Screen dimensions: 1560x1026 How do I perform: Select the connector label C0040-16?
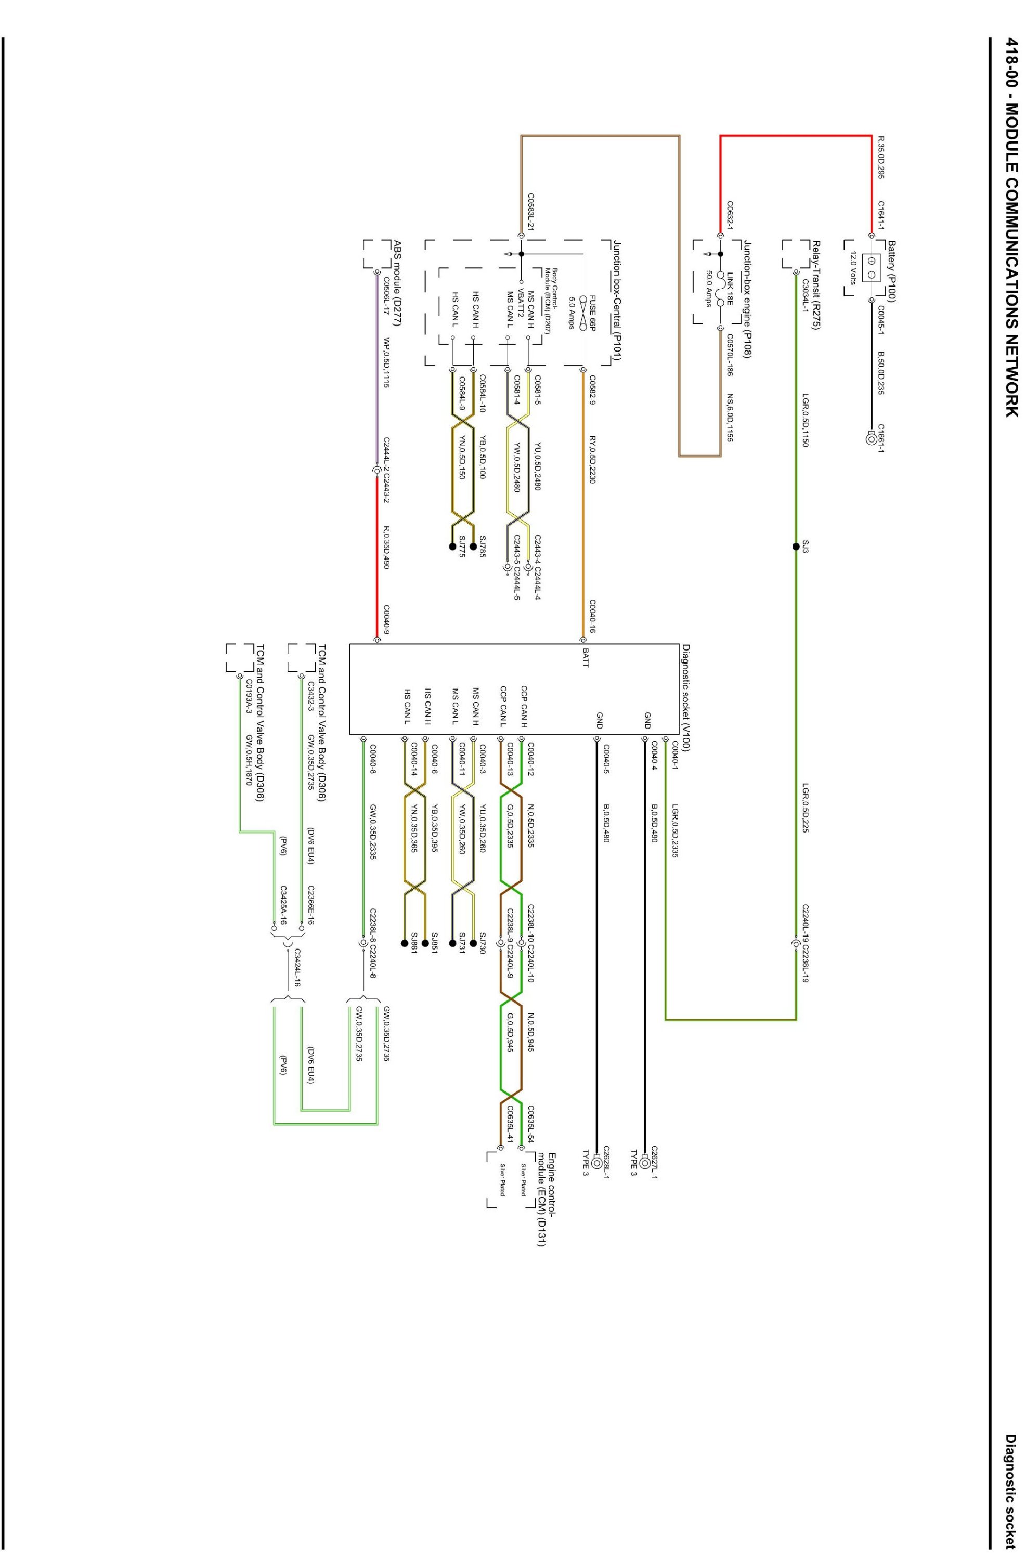pos(592,617)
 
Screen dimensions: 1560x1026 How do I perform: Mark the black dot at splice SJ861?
pos(404,943)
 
